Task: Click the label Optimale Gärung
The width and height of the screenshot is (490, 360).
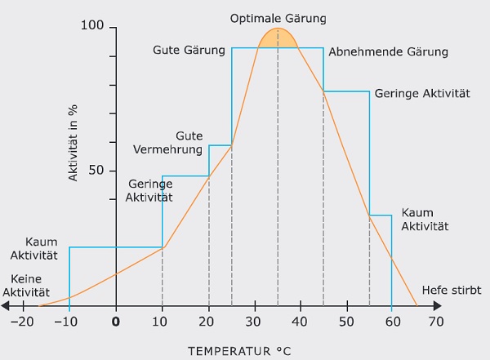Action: pyautogui.click(x=278, y=17)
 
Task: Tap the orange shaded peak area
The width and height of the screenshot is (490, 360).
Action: pyautogui.click(x=278, y=38)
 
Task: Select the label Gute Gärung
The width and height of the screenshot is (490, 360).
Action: pyautogui.click(x=189, y=50)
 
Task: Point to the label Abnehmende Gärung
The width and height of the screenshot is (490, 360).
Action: pyautogui.click(x=389, y=51)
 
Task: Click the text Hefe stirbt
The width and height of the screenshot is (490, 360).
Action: pyautogui.click(x=452, y=291)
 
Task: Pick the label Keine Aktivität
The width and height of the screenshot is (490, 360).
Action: pyautogui.click(x=26, y=285)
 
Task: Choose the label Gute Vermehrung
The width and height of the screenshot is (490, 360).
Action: pyautogui.click(x=167, y=142)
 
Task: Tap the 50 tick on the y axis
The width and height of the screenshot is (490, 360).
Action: pyautogui.click(x=96, y=171)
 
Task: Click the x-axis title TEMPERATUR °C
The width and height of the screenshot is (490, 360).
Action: pyautogui.click(x=238, y=351)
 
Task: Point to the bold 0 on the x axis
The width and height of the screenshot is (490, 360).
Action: pyautogui.click(x=116, y=321)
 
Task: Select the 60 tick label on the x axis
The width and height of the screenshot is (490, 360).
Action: pyautogui.click(x=392, y=321)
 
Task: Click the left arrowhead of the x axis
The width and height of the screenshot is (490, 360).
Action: pyautogui.click(x=5, y=306)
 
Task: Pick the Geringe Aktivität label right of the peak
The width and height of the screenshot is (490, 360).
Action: pyautogui.click(x=422, y=94)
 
